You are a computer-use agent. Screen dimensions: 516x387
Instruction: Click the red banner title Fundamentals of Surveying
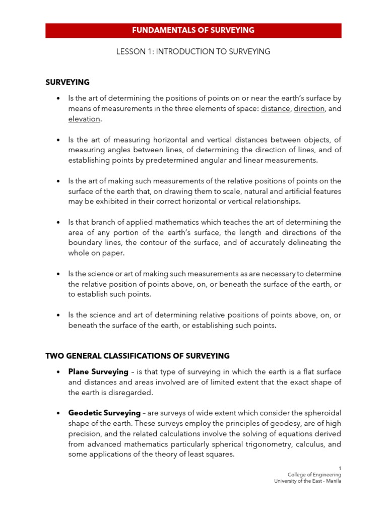pyautogui.click(x=193, y=30)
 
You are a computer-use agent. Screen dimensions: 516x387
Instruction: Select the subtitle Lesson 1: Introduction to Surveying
pyautogui.click(x=193, y=51)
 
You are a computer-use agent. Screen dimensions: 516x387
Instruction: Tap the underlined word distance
pyautogui.click(x=275, y=109)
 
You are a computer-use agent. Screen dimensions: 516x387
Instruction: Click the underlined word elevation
pyautogui.click(x=85, y=119)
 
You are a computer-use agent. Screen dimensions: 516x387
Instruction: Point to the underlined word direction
pyautogui.click(x=309, y=109)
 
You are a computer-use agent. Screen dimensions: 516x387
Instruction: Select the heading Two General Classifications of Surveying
pyautogui.click(x=137, y=356)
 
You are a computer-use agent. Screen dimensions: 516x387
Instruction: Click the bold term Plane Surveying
pyautogui.click(x=98, y=372)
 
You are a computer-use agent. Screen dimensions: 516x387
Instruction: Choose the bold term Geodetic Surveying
pyautogui.click(x=104, y=413)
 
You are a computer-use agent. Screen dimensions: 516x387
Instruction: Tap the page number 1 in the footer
pyautogui.click(x=340, y=468)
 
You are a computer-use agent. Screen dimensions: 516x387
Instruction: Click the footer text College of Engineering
pyautogui.click(x=314, y=475)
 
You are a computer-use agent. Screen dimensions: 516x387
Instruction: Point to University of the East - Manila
pyautogui.click(x=307, y=481)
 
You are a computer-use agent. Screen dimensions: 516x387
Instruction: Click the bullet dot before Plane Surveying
pyautogui.click(x=58, y=372)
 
